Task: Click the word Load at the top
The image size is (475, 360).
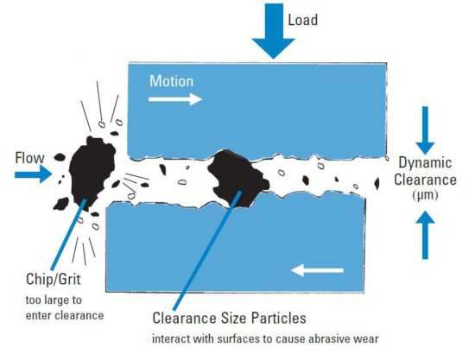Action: pos(302,20)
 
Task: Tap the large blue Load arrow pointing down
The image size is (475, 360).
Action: pos(274,30)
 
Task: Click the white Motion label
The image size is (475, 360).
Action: pos(172,81)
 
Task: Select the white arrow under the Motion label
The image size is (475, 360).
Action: pos(175,99)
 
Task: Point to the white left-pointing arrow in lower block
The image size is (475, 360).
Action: pos(317,270)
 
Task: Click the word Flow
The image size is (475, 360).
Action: pos(29,158)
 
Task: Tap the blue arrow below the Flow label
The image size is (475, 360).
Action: pos(33,174)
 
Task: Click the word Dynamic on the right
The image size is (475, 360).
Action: pos(425,162)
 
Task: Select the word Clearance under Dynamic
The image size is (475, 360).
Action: pos(425,180)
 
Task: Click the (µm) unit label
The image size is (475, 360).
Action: pos(425,195)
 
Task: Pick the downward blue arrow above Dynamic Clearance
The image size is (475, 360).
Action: pos(425,130)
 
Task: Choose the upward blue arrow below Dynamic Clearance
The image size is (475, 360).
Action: pos(425,236)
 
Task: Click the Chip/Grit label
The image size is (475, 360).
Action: pos(54,279)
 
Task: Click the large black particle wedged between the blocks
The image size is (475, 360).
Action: pos(237,179)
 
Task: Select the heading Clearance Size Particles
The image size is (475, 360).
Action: pos(229,319)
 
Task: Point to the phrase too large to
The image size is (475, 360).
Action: pos(54,300)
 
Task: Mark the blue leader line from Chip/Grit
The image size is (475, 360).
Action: pos(69,234)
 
